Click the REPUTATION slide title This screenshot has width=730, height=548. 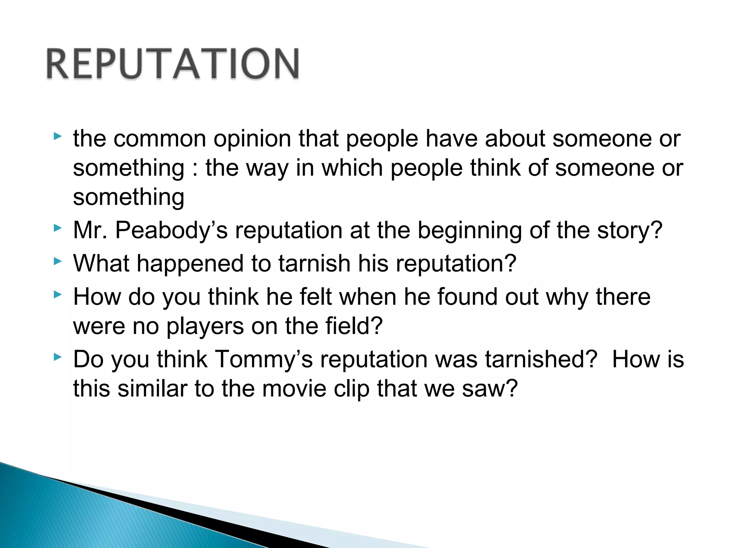tap(173, 64)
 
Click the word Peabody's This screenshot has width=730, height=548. tap(171, 230)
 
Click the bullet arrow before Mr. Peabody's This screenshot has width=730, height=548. tap(57, 228)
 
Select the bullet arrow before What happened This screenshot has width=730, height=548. tap(57, 261)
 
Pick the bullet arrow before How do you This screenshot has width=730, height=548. tap(57, 294)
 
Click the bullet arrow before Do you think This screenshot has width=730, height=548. tap(57, 357)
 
